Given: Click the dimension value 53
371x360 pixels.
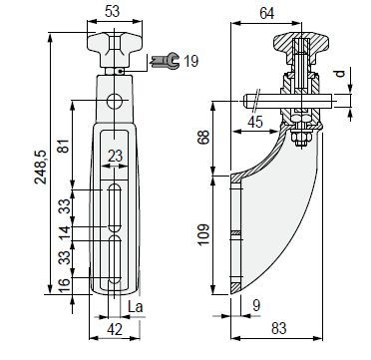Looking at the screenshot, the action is [x=112, y=12].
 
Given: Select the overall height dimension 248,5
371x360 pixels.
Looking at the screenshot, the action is [x=42, y=167].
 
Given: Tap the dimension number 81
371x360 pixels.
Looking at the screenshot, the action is [x=64, y=146].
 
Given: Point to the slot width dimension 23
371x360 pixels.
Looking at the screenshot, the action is [x=115, y=156].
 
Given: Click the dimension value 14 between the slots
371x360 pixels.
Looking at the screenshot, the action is [x=64, y=233].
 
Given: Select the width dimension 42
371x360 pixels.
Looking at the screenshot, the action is [x=115, y=329].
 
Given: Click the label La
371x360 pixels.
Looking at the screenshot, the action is [x=136, y=307].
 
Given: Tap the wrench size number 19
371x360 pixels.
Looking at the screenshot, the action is [x=190, y=61].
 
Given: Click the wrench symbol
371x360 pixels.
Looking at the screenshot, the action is [x=166, y=61].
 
